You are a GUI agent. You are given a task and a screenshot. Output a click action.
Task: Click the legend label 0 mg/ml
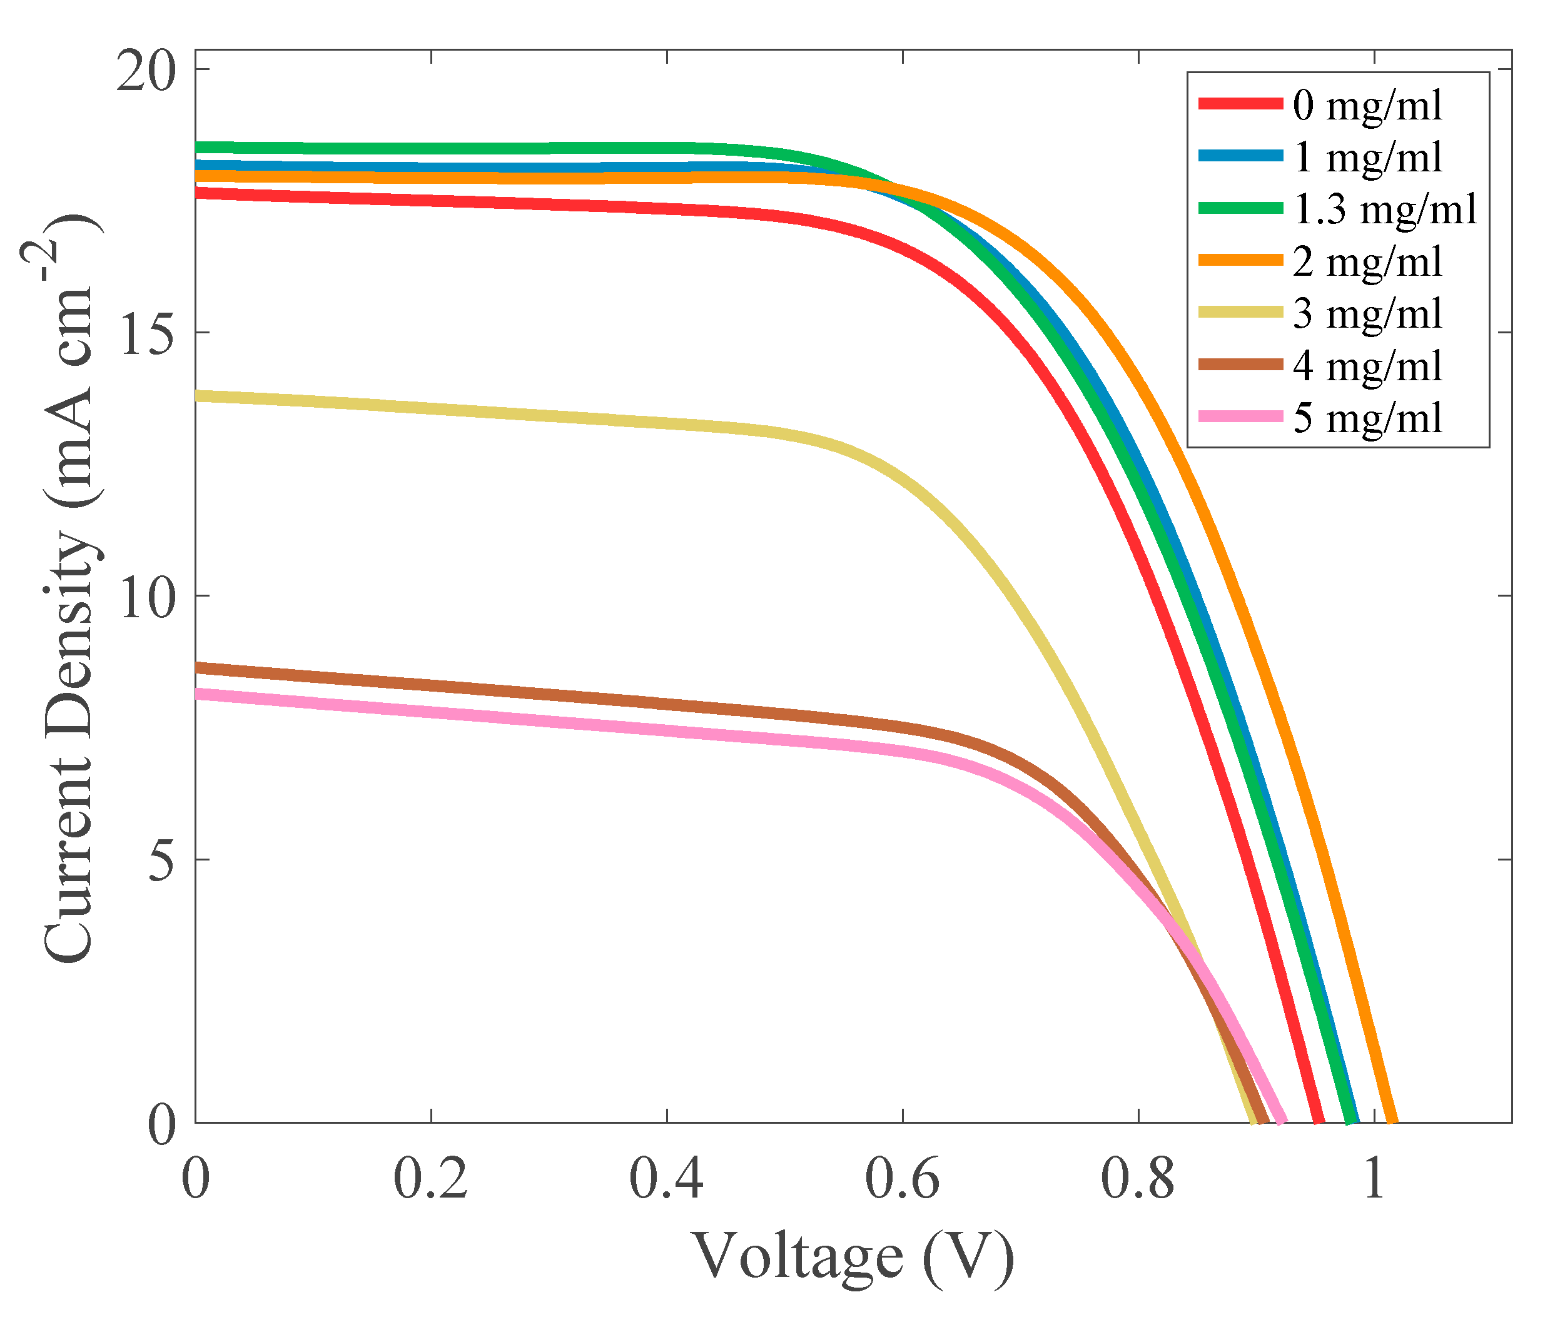pyautogui.click(x=1367, y=105)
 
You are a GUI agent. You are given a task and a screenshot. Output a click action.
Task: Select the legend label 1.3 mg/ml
pyautogui.click(x=1384, y=209)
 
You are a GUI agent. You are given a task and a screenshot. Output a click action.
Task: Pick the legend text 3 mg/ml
pyautogui.click(x=1367, y=313)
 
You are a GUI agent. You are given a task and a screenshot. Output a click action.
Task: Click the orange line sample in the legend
pyautogui.click(x=1240, y=260)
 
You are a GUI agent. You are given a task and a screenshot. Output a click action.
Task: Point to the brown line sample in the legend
pyautogui.click(x=1240, y=365)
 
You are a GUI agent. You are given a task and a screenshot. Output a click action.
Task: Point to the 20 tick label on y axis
pyautogui.click(x=146, y=73)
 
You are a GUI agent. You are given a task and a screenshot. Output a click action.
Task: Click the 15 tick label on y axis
pyautogui.click(x=146, y=336)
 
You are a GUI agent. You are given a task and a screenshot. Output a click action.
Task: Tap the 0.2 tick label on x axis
pyautogui.click(x=431, y=1179)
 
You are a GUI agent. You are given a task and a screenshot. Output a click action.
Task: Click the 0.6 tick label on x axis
pyautogui.click(x=902, y=1179)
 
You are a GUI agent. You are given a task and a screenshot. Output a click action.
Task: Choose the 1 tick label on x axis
pyautogui.click(x=1374, y=1179)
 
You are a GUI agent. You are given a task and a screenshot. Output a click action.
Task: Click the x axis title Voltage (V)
pyautogui.click(x=853, y=1258)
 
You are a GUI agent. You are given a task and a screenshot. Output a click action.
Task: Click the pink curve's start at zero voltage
pyautogui.click(x=197, y=693)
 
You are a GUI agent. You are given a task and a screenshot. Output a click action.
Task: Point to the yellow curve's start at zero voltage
pyautogui.click(x=197, y=396)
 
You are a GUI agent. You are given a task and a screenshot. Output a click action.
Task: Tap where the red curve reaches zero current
pyautogui.click(x=1319, y=1121)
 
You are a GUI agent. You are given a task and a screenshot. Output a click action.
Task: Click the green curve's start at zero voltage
pyautogui.click(x=197, y=148)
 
